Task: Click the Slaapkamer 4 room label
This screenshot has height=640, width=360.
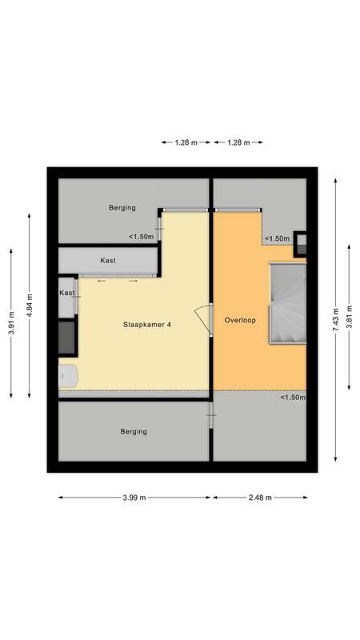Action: (x=147, y=325)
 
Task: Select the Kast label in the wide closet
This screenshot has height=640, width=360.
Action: (x=109, y=261)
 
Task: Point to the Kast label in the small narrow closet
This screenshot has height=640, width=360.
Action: (x=67, y=294)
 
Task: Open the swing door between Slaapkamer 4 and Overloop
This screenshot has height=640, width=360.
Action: (x=204, y=322)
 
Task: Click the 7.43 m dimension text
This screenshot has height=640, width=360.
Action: (x=337, y=311)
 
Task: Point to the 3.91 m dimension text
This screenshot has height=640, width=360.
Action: (x=12, y=322)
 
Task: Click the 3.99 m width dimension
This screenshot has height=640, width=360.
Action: (x=134, y=497)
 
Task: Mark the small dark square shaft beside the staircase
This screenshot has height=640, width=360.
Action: (x=301, y=242)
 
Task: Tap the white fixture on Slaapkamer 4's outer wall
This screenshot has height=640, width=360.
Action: (x=67, y=376)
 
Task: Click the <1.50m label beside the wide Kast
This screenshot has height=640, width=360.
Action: (x=142, y=236)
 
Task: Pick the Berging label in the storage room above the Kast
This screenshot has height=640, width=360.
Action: (x=122, y=208)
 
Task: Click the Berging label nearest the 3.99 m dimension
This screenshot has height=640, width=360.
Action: (x=134, y=432)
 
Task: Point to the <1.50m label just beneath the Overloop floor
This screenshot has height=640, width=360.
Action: (x=292, y=398)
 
